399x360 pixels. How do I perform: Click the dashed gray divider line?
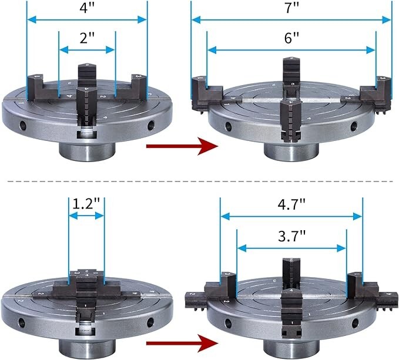pos(199,181)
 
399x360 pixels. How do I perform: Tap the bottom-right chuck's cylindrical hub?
pos(291,349)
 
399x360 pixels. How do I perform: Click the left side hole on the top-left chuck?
pos(22,125)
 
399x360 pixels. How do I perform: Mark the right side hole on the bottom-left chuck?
pos(150,321)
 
